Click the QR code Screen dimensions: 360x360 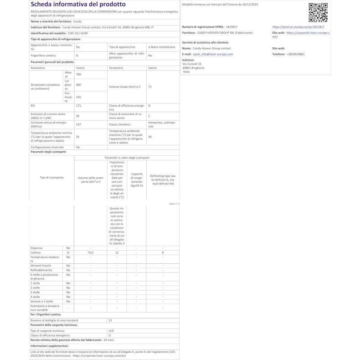[x=318, y=12]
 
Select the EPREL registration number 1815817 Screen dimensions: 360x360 [x=233, y=27]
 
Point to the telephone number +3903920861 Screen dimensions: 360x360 [x=295, y=54]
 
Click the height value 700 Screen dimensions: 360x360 [x=79, y=74]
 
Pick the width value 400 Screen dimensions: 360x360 [x=79, y=85]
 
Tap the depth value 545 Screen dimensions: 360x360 [x=79, y=97]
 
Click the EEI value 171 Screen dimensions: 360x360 [x=78, y=106]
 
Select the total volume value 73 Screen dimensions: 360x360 [x=150, y=86]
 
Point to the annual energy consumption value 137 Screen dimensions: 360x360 [x=78, y=124]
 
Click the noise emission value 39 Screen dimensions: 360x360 [x=78, y=115]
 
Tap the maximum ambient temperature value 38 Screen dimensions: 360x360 [x=150, y=137]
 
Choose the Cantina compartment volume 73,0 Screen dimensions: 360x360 [x=90, y=252]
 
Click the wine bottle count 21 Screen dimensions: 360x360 [x=111, y=320]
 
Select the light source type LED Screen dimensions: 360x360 [x=111, y=331]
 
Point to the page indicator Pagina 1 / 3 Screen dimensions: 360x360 [x=174, y=203]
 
